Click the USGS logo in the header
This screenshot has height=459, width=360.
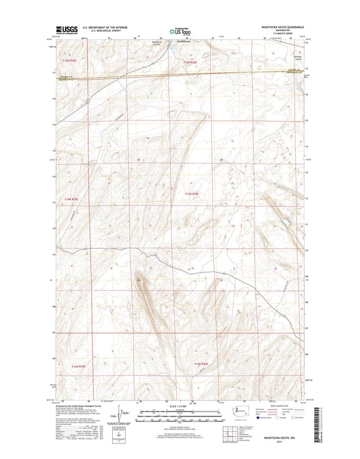pos(61,30)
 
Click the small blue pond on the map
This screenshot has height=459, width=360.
pos(286,221)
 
